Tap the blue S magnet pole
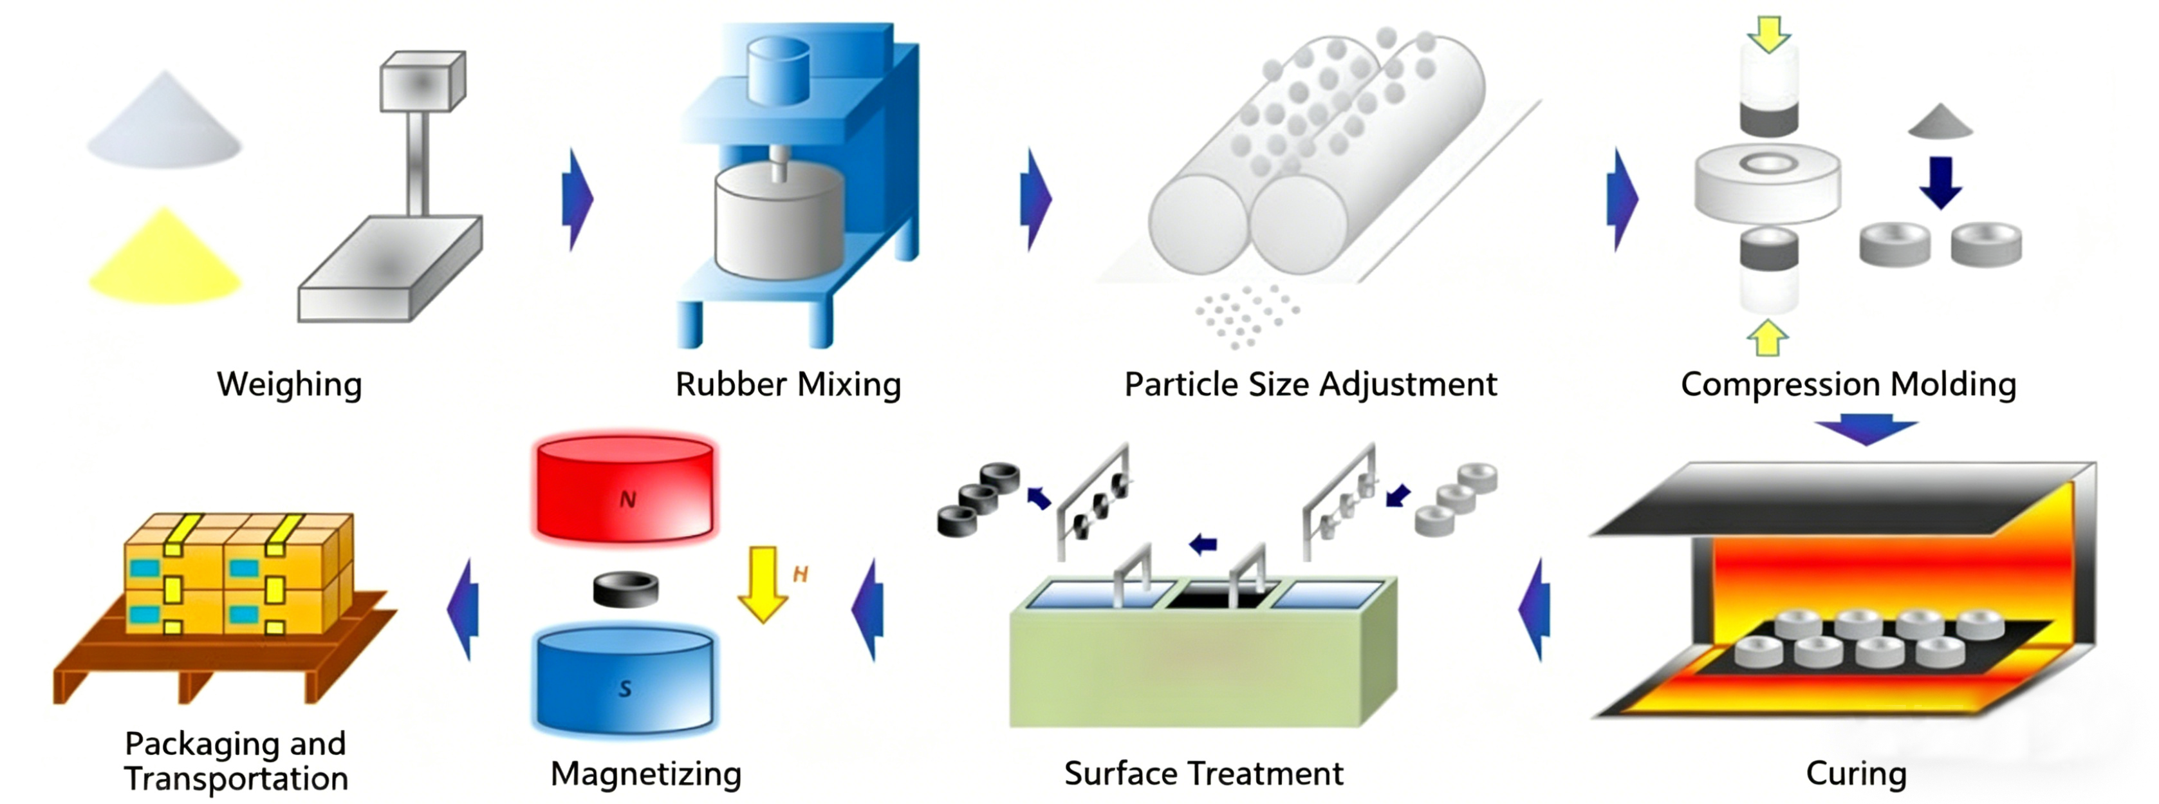(x=624, y=683)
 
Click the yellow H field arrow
(x=762, y=583)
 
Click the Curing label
(x=1856, y=773)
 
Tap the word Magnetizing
(x=645, y=773)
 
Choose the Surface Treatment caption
(x=1203, y=773)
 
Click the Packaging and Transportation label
(x=236, y=760)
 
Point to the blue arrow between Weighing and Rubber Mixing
(x=577, y=200)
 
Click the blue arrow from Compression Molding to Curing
(x=1866, y=429)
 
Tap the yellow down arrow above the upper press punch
(x=1768, y=34)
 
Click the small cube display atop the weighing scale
(x=422, y=81)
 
